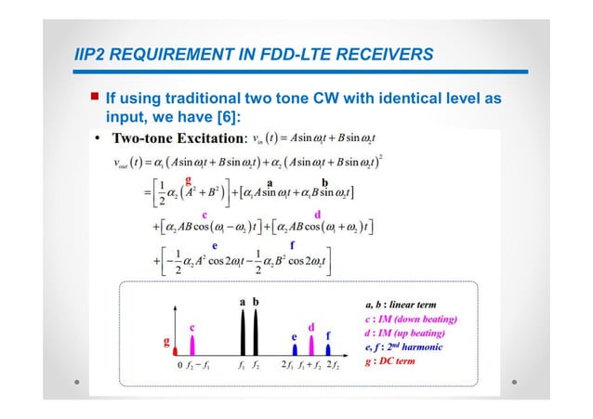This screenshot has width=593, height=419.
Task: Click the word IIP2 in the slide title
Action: (92, 55)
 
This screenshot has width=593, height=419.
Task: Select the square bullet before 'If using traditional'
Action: (93, 98)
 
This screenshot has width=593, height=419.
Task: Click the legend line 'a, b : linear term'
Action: (407, 304)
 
